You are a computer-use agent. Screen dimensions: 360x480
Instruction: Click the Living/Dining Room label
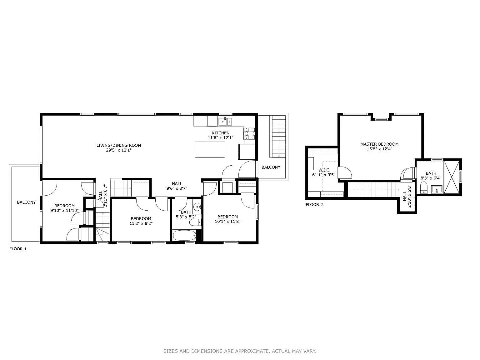pyautogui.click(x=118, y=145)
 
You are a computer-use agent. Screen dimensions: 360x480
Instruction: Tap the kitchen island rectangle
pyautogui.click(x=210, y=149)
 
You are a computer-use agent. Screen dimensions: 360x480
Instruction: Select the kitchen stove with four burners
pyautogui.click(x=249, y=133)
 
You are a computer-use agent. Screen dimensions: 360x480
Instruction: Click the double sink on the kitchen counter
pyautogui.click(x=225, y=121)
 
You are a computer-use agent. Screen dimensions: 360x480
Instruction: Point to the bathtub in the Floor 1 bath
pyautogui.click(x=184, y=235)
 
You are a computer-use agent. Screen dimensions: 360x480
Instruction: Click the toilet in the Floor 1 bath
pyautogui.click(x=195, y=222)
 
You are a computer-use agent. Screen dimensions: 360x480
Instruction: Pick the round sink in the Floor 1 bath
pyautogui.click(x=197, y=207)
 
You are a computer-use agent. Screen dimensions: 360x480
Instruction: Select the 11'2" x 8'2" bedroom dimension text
pyautogui.click(x=141, y=223)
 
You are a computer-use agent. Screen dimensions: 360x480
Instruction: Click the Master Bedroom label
pyautogui.click(x=379, y=144)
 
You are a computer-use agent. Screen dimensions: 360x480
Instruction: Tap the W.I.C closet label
pyautogui.click(x=324, y=170)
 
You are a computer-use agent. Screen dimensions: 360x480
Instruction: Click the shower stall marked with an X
pyautogui.click(x=451, y=177)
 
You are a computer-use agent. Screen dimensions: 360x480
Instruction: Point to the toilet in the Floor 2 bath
pyautogui.click(x=424, y=188)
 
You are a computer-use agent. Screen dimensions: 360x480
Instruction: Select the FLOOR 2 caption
pyautogui.click(x=314, y=205)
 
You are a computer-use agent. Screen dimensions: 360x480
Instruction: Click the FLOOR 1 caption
pyautogui.click(x=18, y=249)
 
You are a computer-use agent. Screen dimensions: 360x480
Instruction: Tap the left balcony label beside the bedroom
pyautogui.click(x=26, y=202)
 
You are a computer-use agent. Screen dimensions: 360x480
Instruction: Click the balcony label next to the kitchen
pyautogui.click(x=271, y=167)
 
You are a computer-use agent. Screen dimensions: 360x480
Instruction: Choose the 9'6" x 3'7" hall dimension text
pyautogui.click(x=177, y=188)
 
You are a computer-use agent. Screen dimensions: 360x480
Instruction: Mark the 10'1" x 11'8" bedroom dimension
pyautogui.click(x=227, y=222)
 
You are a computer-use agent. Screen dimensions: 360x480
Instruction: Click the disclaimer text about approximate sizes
pyautogui.click(x=240, y=351)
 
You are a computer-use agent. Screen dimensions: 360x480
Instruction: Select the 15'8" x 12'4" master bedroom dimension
pyautogui.click(x=379, y=149)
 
